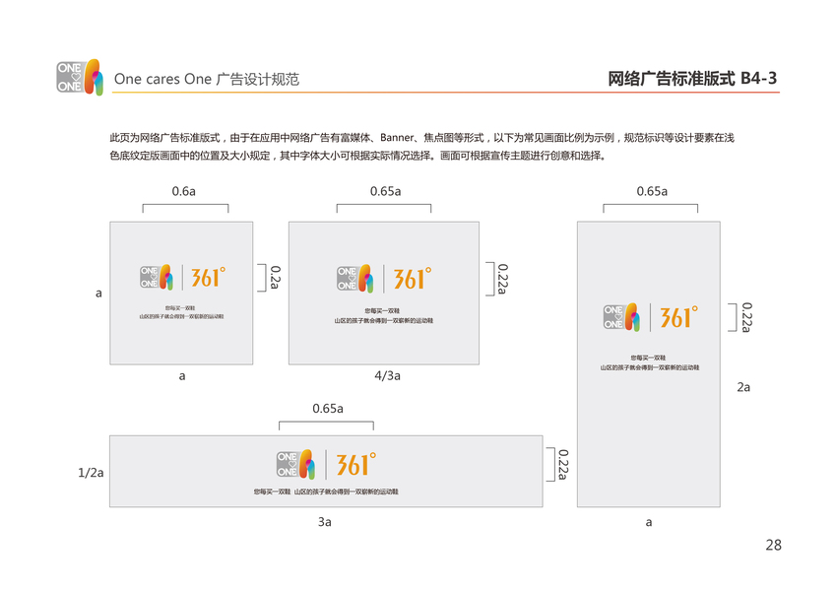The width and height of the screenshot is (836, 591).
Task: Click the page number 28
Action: [x=772, y=545]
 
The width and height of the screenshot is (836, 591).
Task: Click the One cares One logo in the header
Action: [x=80, y=78]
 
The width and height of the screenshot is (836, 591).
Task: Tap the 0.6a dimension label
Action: [x=184, y=191]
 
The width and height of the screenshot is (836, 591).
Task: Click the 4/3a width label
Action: [x=387, y=375]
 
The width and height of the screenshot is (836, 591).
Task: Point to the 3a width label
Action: [x=325, y=521]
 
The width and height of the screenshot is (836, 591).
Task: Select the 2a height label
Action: [x=743, y=387]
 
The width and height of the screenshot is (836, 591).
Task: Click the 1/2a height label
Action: [x=91, y=473]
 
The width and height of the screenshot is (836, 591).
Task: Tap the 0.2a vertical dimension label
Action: [x=276, y=277]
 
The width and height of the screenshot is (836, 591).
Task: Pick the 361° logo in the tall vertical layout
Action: [x=677, y=317]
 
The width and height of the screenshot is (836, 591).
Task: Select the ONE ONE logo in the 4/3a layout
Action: [x=354, y=279]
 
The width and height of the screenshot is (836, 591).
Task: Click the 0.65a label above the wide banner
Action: [x=327, y=408]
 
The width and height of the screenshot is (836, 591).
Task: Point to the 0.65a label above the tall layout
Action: [x=651, y=191]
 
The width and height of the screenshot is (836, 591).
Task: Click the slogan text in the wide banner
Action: [x=325, y=491]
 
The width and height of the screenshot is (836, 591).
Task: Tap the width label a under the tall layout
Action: [x=648, y=522]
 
